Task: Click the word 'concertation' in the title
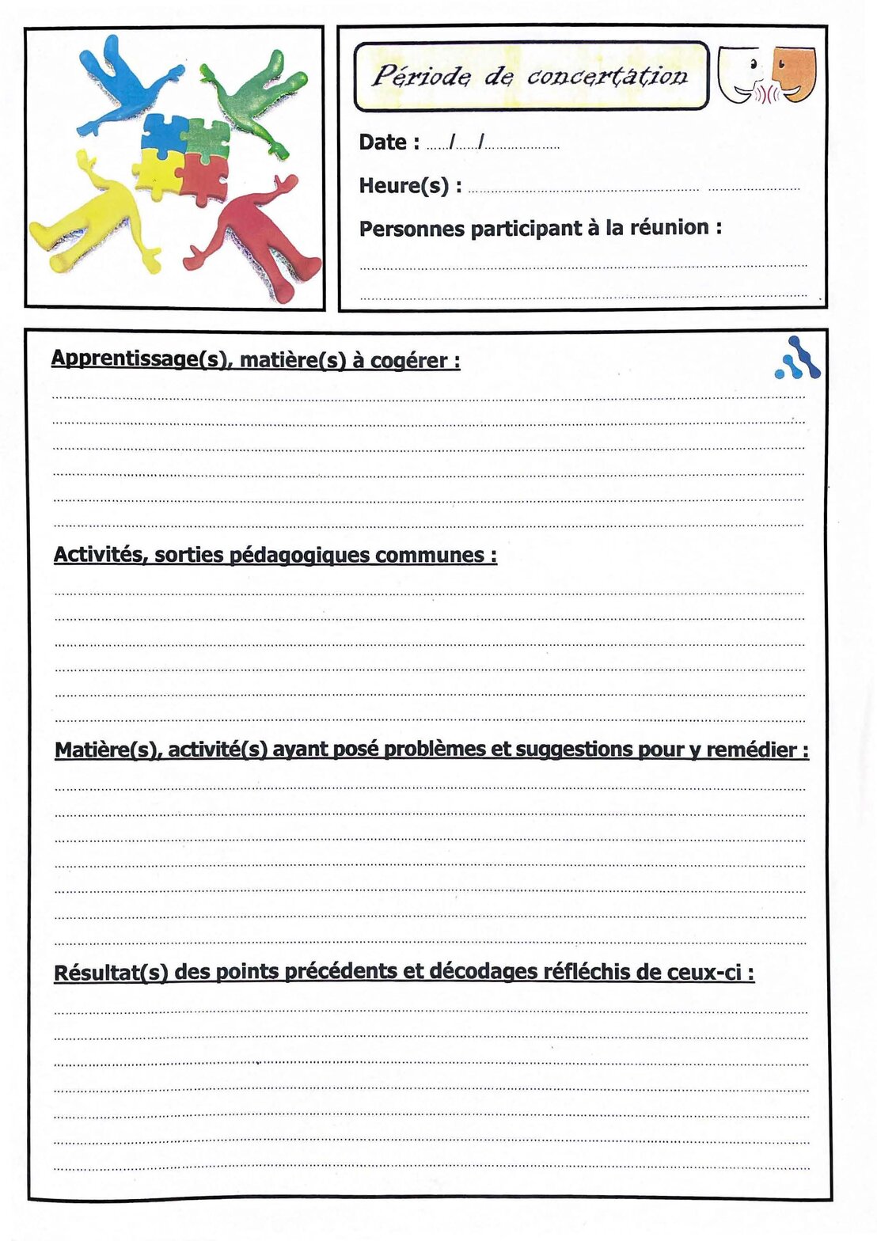607,76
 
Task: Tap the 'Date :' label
389,142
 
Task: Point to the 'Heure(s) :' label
410,186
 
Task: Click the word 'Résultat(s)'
111,972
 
